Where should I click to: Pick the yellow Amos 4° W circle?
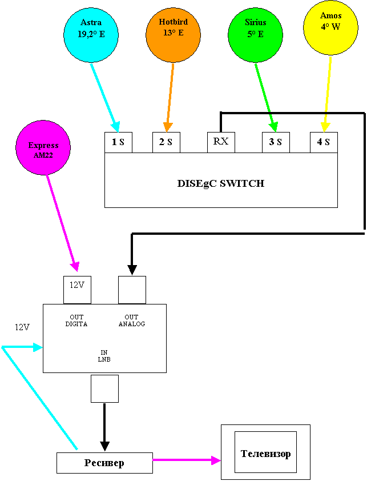(x=330, y=27)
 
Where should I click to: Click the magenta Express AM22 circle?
(x=43, y=150)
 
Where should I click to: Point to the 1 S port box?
(x=118, y=142)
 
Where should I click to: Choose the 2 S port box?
(x=166, y=142)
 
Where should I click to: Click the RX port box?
(x=221, y=142)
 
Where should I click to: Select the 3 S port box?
(x=276, y=142)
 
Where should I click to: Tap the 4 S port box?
(x=324, y=142)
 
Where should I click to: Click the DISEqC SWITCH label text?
(x=221, y=184)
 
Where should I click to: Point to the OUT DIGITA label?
(x=76, y=320)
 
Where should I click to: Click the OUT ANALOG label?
(x=132, y=320)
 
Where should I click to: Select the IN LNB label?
(x=104, y=356)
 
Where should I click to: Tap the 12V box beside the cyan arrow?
(x=22, y=328)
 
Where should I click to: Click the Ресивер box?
(x=104, y=463)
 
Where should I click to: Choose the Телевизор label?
(x=265, y=454)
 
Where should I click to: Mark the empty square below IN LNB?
(x=104, y=388)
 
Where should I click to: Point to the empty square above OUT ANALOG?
(x=132, y=290)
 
